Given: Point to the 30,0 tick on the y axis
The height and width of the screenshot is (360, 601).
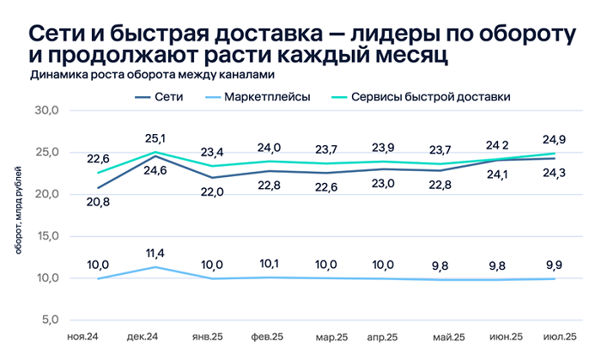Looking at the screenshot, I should coord(46,111).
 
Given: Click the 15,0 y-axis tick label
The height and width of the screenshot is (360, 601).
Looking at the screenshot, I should coord(46,236).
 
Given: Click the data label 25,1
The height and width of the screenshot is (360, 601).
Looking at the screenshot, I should coord(155,137).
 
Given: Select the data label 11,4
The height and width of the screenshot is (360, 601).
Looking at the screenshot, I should coord(155,252).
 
